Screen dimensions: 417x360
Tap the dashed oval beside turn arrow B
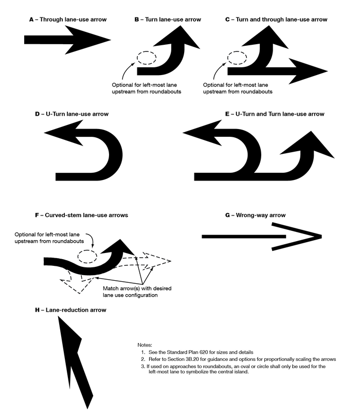point(146,58)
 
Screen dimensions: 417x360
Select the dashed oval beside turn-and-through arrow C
point(237,58)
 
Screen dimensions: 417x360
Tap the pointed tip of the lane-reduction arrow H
point(61,321)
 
